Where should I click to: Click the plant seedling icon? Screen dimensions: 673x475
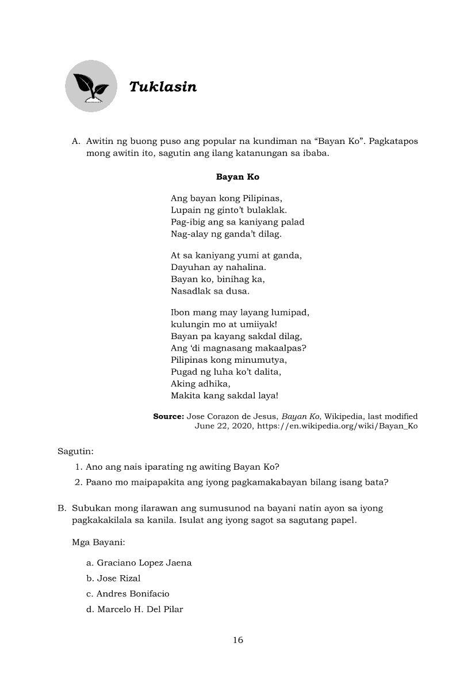tap(91, 86)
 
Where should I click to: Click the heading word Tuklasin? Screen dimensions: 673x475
tap(163, 87)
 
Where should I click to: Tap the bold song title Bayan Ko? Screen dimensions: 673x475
tap(237, 177)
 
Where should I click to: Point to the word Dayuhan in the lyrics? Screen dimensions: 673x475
tap(188, 267)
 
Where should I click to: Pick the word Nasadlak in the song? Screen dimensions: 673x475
tap(190, 291)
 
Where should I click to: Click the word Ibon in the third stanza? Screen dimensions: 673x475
tap(180, 313)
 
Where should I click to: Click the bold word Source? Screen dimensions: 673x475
tap(168, 416)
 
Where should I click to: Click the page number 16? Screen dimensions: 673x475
tap(238, 640)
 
